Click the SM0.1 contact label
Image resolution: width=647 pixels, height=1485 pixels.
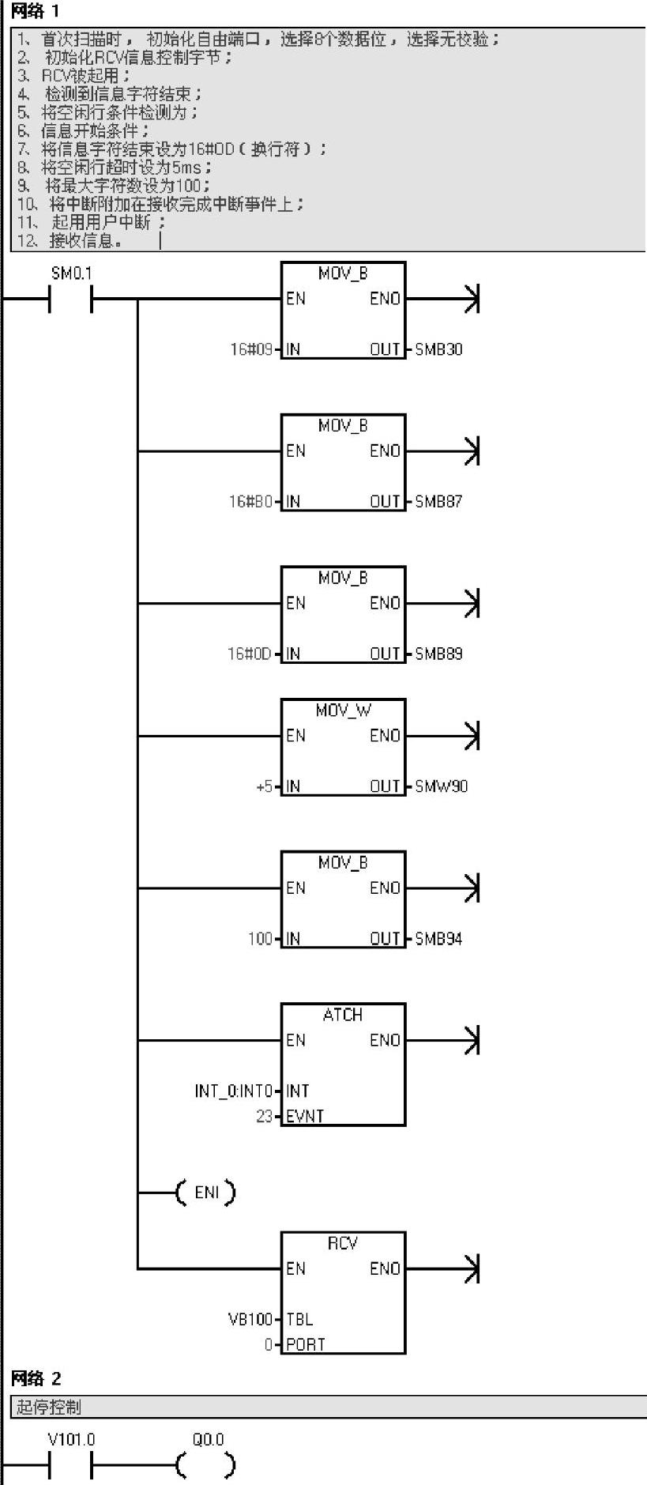(x=71, y=273)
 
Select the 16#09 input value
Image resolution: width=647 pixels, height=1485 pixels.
(x=250, y=349)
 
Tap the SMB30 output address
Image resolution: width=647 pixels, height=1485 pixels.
(x=438, y=349)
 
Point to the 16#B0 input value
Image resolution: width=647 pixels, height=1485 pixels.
(x=250, y=501)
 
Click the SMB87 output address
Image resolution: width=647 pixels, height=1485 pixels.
(x=438, y=501)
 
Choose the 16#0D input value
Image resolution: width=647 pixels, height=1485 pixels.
(x=250, y=654)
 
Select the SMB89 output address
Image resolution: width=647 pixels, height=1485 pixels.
(x=438, y=654)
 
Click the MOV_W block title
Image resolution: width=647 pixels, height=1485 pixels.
(x=343, y=710)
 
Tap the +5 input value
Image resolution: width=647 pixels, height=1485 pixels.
(x=264, y=786)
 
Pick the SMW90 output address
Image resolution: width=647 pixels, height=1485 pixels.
(x=441, y=786)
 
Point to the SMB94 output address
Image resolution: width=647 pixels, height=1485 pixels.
(x=438, y=939)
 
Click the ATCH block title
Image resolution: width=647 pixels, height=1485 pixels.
(x=343, y=1015)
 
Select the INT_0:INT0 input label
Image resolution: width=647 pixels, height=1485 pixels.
(x=234, y=1091)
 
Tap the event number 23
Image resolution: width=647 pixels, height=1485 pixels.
(x=264, y=1116)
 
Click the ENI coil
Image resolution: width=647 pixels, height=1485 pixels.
(x=206, y=1192)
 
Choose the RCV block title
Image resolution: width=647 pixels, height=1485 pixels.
(x=343, y=1243)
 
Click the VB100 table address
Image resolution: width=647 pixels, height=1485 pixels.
(x=250, y=1319)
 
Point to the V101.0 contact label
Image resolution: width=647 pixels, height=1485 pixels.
(x=71, y=1440)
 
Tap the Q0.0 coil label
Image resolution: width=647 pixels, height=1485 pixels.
(x=209, y=1440)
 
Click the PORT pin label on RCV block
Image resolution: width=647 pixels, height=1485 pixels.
(x=306, y=1344)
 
